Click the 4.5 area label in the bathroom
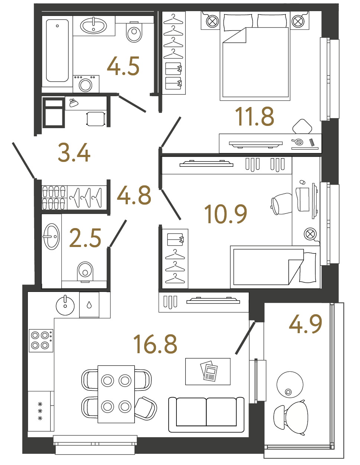tap(123, 66)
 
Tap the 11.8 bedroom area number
tap(254, 116)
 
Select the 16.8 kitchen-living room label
tap(155, 344)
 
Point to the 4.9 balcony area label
tap(305, 324)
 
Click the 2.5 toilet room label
tap(85, 238)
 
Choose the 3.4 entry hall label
tap(74, 153)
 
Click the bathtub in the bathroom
tap(57, 51)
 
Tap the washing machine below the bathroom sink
tap(86, 84)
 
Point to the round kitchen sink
tap(65, 305)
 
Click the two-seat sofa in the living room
tap(206, 414)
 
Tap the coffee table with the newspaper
tap(208, 371)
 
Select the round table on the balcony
tap(290, 384)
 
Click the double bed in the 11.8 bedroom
tap(255, 59)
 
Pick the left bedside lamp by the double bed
tap(212, 21)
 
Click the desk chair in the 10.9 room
tap(282, 204)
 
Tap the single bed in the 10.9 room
tap(274, 267)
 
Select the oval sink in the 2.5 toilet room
tap(51, 236)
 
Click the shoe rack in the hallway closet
tap(54, 198)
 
